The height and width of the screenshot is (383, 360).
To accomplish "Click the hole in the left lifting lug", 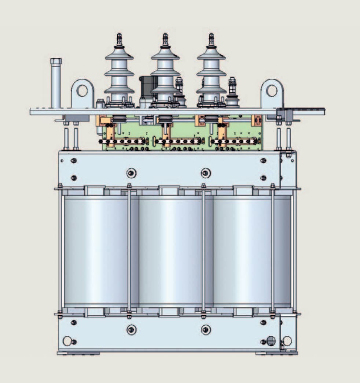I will click(x=82, y=90).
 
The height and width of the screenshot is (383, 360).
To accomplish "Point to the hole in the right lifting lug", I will click(x=272, y=90).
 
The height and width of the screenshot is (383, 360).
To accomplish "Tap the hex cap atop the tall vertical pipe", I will click(x=56, y=61).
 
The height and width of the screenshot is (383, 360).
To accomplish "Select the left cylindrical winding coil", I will click(x=96, y=251).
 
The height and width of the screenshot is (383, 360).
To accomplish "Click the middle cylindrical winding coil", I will click(x=170, y=251).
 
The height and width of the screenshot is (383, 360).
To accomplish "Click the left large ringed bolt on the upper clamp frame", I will click(x=131, y=173).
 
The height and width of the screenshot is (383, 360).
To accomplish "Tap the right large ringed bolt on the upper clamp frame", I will click(x=206, y=173).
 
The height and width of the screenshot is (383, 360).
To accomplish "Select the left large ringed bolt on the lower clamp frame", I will click(x=131, y=330).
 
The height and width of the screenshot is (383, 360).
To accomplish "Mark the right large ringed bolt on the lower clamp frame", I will click(x=206, y=330).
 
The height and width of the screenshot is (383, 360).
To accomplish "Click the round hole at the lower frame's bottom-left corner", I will click(x=67, y=341).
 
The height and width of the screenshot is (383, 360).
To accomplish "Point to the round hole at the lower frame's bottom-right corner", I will click(x=287, y=341).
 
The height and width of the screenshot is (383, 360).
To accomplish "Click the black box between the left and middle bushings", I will click(x=145, y=87).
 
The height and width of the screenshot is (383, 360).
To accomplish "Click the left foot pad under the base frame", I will click(x=78, y=353).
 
